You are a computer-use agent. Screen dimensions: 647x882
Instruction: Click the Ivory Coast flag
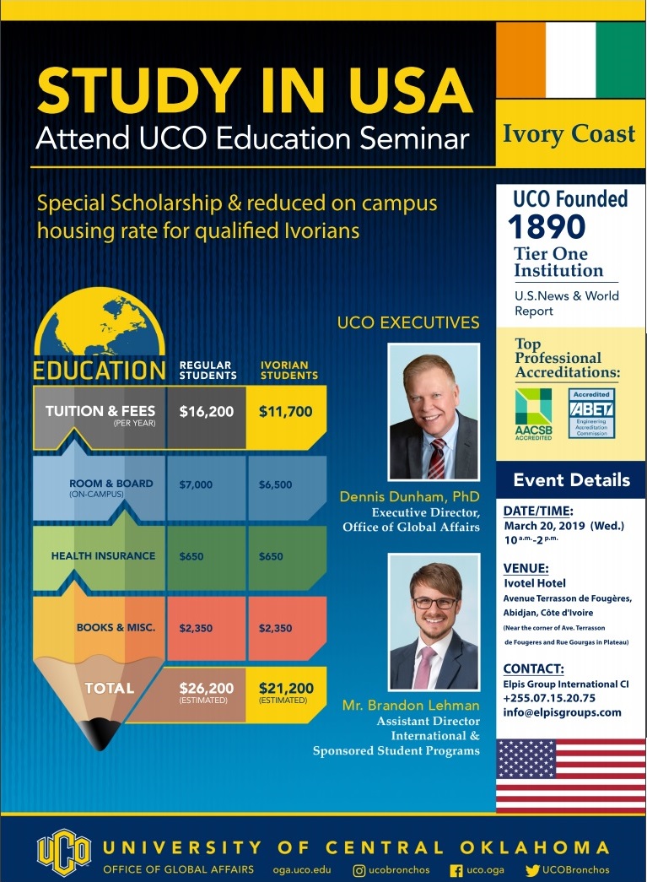point(570,60)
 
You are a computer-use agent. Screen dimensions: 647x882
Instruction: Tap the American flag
point(570,775)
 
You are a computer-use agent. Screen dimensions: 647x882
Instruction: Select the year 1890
point(547,227)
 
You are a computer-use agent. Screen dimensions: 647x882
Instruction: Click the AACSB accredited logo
point(533,414)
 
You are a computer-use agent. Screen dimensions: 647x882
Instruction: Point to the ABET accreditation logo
point(591,414)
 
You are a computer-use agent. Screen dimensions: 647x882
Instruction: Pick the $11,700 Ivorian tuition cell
point(286,417)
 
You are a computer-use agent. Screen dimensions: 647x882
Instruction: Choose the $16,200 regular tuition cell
point(207,417)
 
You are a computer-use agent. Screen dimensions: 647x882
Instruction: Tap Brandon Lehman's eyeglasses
point(435,603)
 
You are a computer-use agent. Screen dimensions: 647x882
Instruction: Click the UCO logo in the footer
point(63,852)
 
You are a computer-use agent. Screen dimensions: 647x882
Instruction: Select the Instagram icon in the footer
point(359,870)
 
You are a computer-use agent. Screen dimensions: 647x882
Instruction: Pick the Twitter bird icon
point(532,870)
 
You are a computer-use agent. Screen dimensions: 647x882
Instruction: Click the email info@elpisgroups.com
point(562,712)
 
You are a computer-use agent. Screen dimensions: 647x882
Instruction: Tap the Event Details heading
point(572,479)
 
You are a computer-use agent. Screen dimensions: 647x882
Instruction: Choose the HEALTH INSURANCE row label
point(104,555)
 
